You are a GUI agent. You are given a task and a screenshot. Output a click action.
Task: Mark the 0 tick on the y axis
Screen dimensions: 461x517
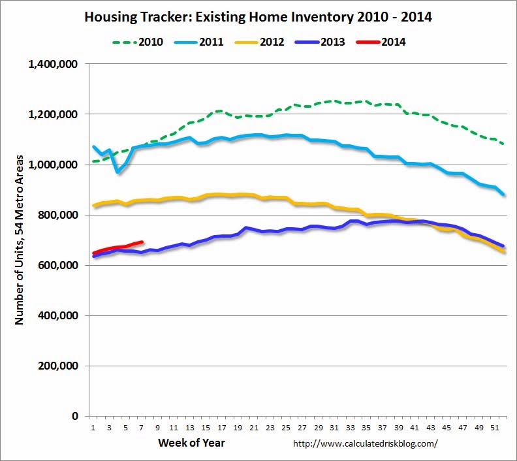(x=75, y=417)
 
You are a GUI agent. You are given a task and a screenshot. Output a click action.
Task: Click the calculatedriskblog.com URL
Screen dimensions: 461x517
(x=366, y=443)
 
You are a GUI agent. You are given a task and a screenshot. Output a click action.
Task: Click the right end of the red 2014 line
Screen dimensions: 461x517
(x=142, y=242)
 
